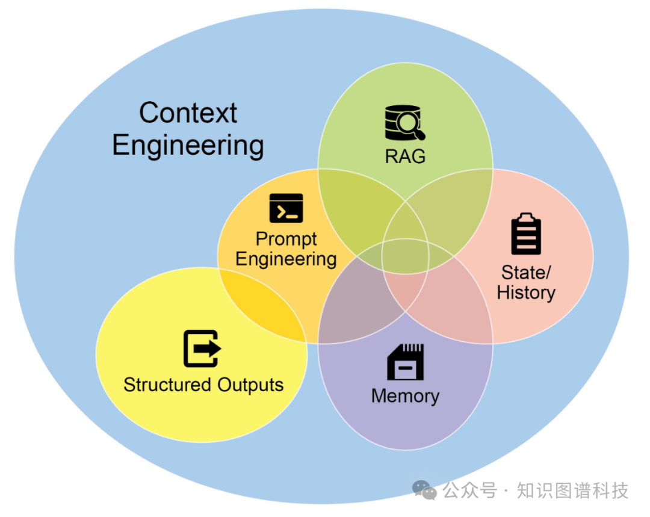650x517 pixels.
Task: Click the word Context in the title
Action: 188,113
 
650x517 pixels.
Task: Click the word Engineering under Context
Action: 188,146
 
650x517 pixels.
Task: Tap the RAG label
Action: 405,156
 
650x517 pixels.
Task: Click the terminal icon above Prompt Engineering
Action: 286,208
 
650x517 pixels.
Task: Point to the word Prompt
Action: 286,239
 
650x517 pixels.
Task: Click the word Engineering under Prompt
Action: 286,259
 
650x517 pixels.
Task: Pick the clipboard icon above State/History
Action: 526,234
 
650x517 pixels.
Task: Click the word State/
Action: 526,273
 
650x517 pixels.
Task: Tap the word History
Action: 526,293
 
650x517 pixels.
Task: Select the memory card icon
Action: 405,362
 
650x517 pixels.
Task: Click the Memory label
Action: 405,396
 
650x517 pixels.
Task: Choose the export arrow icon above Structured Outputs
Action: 202,349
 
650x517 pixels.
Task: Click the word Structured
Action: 167,385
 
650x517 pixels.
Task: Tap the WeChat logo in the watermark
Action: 425,490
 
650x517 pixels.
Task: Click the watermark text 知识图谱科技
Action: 572,491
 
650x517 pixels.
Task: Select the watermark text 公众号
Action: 470,491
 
